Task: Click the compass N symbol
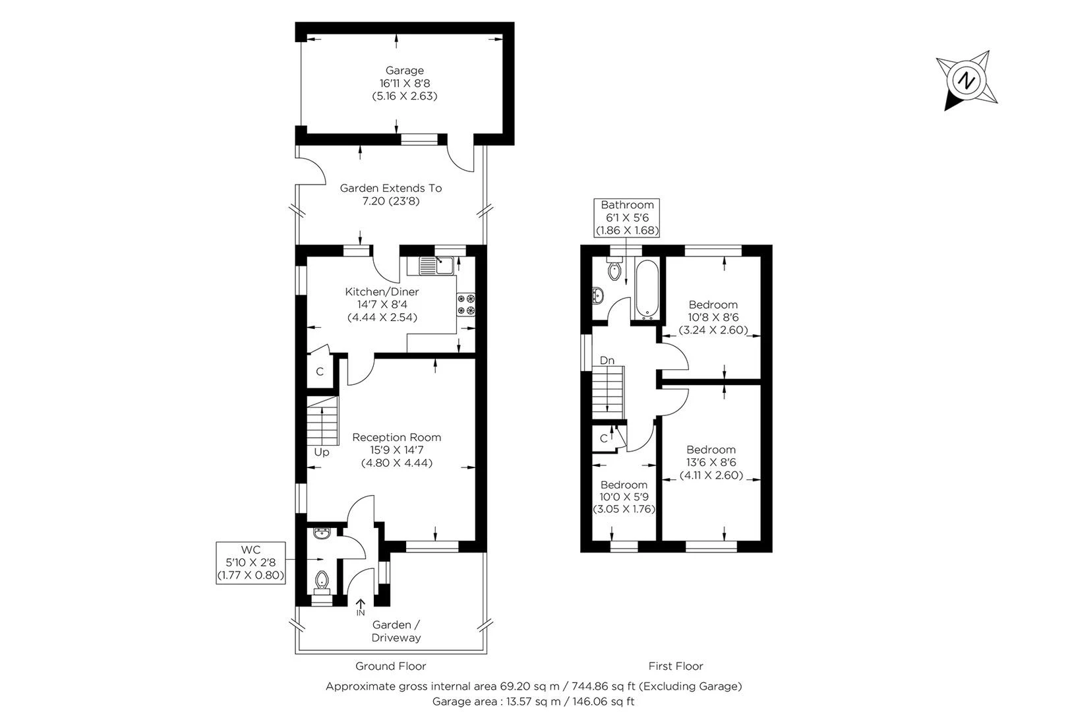[966, 80]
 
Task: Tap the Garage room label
[405, 71]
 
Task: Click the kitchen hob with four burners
[466, 305]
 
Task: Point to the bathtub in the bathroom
[645, 290]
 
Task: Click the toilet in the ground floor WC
[322, 581]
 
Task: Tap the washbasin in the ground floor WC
[322, 533]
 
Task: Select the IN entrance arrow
[361, 607]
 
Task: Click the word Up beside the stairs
[322, 452]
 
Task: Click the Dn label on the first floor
[607, 361]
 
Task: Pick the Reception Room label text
[396, 437]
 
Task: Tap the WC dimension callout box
[251, 562]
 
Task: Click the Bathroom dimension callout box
[627, 218]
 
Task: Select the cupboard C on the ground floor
[320, 372]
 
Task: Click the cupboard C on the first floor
[603, 438]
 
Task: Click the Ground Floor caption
[390, 666]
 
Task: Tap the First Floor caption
[676, 666]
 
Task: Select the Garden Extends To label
[391, 188]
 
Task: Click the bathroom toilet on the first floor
[615, 270]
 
